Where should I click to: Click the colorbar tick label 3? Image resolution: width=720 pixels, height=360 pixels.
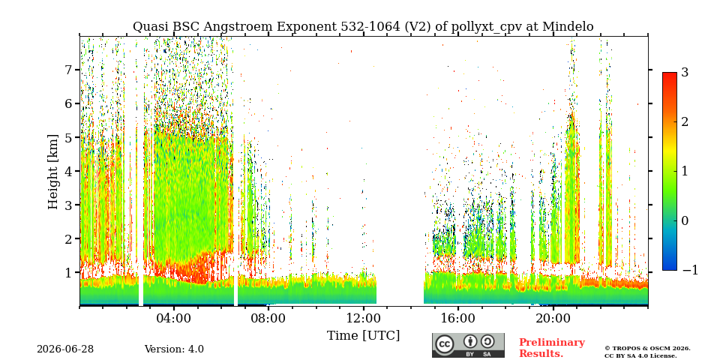point(685,72)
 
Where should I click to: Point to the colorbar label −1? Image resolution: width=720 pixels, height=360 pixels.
point(690,270)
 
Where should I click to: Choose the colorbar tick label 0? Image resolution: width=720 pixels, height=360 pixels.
point(685,220)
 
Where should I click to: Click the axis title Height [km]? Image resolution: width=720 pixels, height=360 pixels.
point(53,172)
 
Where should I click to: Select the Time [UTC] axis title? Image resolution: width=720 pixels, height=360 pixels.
point(363,336)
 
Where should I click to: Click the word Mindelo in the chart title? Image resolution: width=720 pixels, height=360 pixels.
point(568,27)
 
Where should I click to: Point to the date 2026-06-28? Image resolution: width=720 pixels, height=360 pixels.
point(65,349)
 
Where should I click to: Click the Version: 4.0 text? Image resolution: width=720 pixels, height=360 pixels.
point(174,349)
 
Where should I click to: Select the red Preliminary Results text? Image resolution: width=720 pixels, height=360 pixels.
point(552,347)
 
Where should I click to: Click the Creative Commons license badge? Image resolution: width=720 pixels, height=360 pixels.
point(468,345)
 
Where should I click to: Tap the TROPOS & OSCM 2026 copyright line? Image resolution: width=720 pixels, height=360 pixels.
point(647,349)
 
